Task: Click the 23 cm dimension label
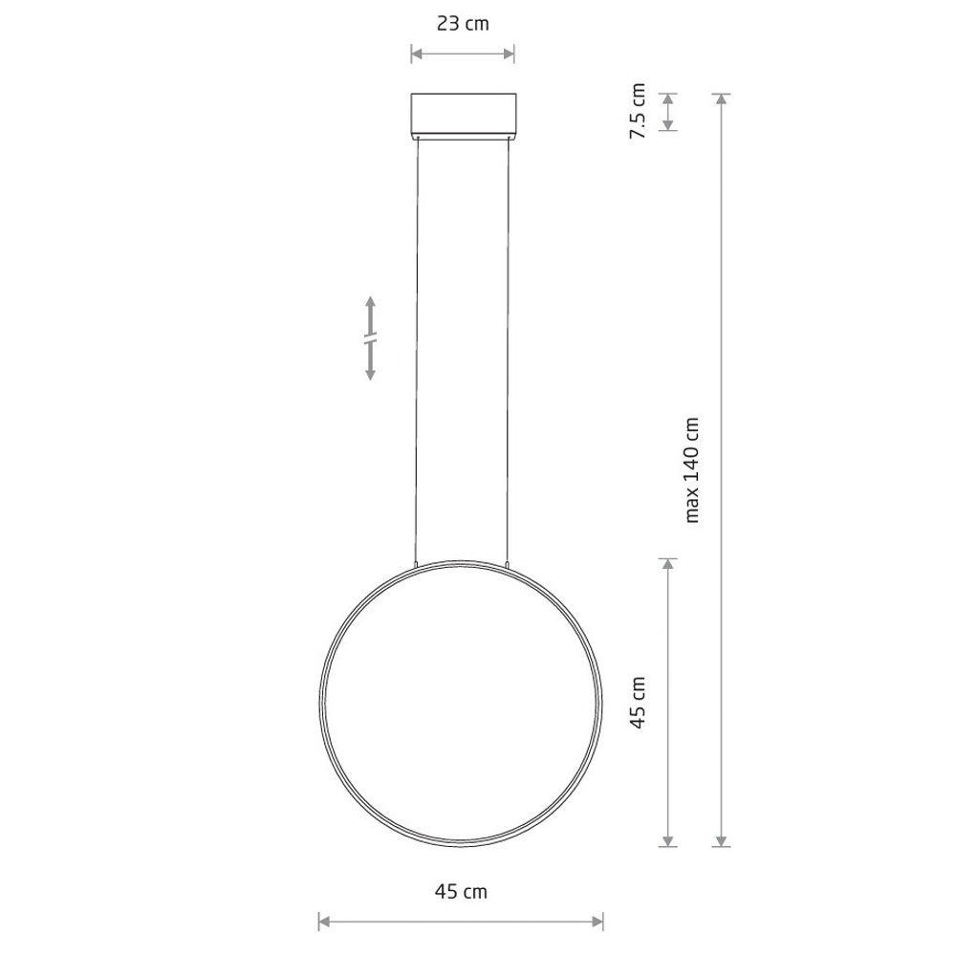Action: click(463, 24)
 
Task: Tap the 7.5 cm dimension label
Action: click(637, 111)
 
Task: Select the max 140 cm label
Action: click(692, 470)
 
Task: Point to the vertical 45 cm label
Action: click(637, 703)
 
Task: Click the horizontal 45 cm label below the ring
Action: click(461, 892)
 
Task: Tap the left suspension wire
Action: click(417, 351)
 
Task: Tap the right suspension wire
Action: click(508, 351)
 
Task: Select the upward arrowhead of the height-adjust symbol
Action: click(369, 303)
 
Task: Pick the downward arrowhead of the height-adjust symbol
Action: click(369, 373)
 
